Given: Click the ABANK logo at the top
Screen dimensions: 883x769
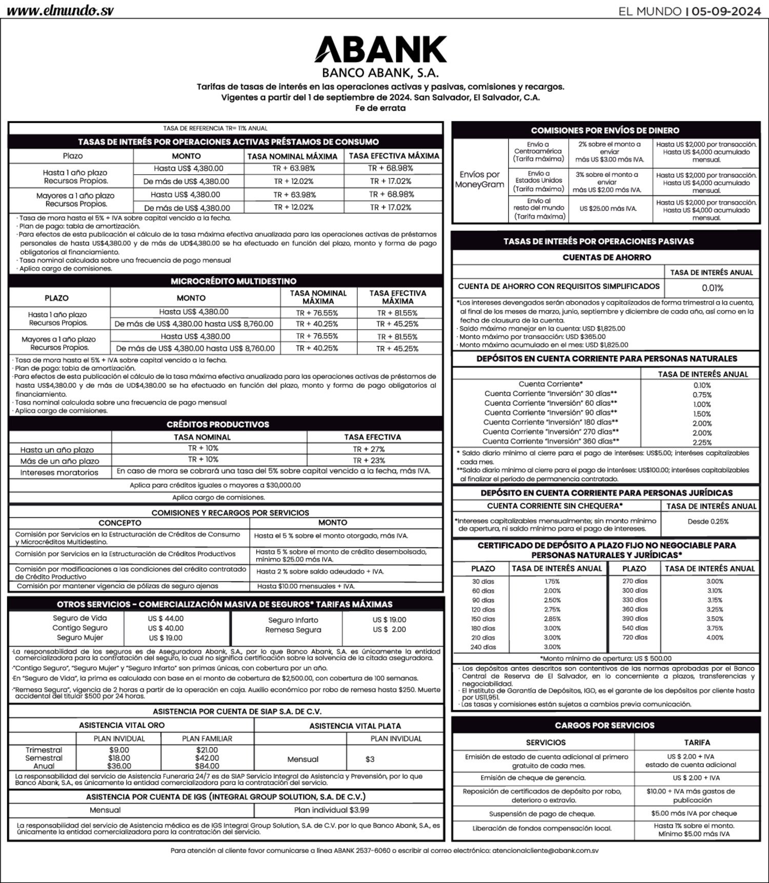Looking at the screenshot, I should tap(380, 50).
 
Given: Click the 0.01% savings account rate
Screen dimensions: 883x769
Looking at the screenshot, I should tap(712, 288).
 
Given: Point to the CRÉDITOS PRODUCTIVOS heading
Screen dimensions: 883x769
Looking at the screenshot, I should tap(225, 424).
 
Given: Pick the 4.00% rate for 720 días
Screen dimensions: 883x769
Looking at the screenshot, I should tap(715, 638).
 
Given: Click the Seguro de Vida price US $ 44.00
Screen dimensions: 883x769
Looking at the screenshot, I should tap(166, 619).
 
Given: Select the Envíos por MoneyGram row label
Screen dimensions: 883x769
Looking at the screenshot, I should tap(479, 179).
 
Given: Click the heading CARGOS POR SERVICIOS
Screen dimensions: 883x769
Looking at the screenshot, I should tap(604, 725).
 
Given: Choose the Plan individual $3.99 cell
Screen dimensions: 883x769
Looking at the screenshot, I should tap(331, 810).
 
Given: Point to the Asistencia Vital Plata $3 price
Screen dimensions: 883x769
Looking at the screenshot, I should tap(370, 759).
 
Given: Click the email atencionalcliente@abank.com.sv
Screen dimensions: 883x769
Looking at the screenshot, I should tap(545, 850).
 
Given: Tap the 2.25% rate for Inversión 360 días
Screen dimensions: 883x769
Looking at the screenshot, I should tap(702, 442).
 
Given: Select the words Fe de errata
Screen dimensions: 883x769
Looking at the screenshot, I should tap(380, 108).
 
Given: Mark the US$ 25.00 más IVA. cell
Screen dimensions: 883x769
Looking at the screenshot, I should tap(608, 209).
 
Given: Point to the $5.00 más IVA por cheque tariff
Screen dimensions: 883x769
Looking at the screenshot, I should tap(694, 813).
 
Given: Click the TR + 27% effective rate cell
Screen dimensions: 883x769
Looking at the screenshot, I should tap(369, 449).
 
